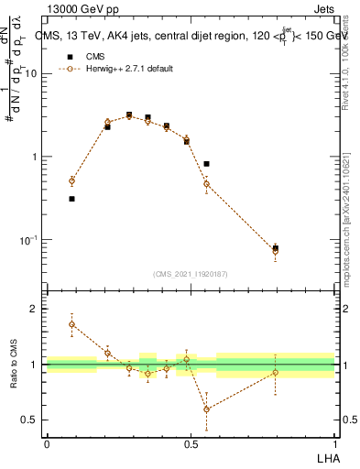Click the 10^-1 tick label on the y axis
coord(30,240)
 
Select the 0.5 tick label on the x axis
coord(190,444)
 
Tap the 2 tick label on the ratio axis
coord(35,309)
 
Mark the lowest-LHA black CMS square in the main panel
coord(71,199)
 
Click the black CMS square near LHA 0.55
coord(206,164)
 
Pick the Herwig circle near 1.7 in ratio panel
coord(71,324)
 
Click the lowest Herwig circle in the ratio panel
coord(206,409)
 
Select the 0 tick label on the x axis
coord(46,444)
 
